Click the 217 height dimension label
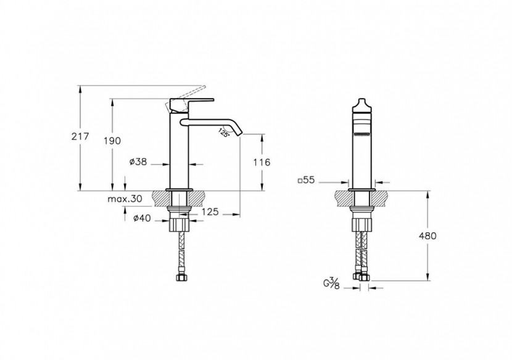pyautogui.click(x=80, y=136)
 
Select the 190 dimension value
pyautogui.click(x=112, y=141)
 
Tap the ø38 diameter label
pyautogui.click(x=138, y=162)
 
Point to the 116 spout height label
pyautogui.click(x=262, y=162)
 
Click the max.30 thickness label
pyautogui.click(x=125, y=198)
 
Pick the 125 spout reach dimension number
pyautogui.click(x=210, y=211)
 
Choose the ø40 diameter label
pyautogui.click(x=142, y=218)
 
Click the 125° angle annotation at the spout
pyautogui.click(x=224, y=133)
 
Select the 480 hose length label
pyautogui.click(x=427, y=235)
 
